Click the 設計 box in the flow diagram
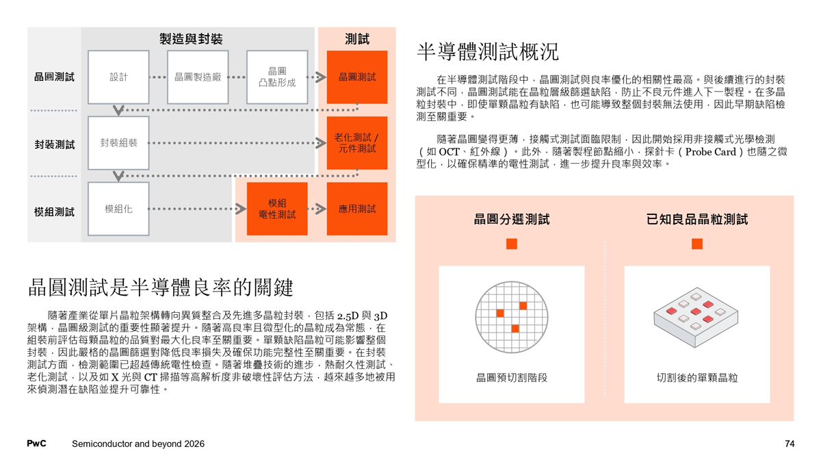coord(118,77)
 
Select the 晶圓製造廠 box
coord(198,77)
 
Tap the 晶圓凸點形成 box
coord(277,77)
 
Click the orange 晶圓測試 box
coord(357,77)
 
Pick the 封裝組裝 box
coord(118,143)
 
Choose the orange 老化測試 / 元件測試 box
coord(357,143)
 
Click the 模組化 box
coord(118,209)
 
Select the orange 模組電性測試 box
coord(277,209)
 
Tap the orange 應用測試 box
coord(357,209)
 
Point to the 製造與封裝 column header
coord(191,39)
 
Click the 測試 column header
coord(357,39)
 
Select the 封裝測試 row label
coord(54,144)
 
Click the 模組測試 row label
coord(54,211)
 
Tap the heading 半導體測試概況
coord(487,51)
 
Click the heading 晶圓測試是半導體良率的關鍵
coord(160,287)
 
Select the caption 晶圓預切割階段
coord(512,377)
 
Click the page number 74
coord(790,444)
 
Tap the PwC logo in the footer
coord(36,444)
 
